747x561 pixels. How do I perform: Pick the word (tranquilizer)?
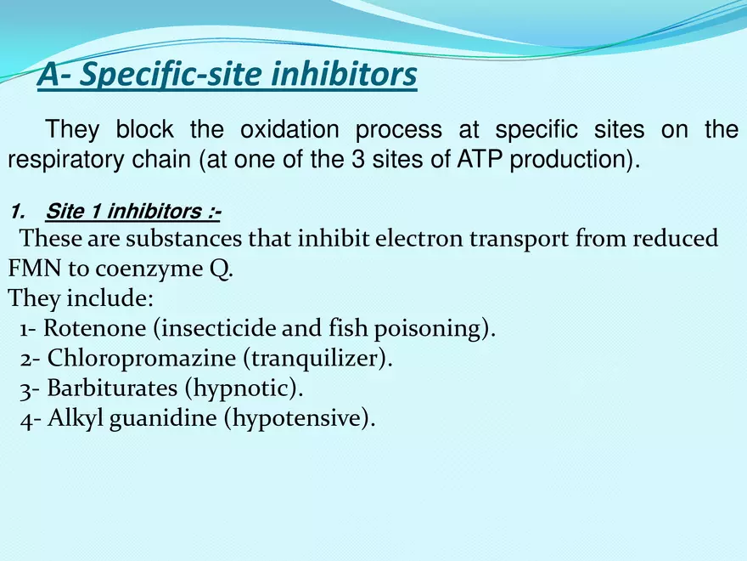[x=318, y=358]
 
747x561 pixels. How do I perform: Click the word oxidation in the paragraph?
[x=289, y=130]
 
